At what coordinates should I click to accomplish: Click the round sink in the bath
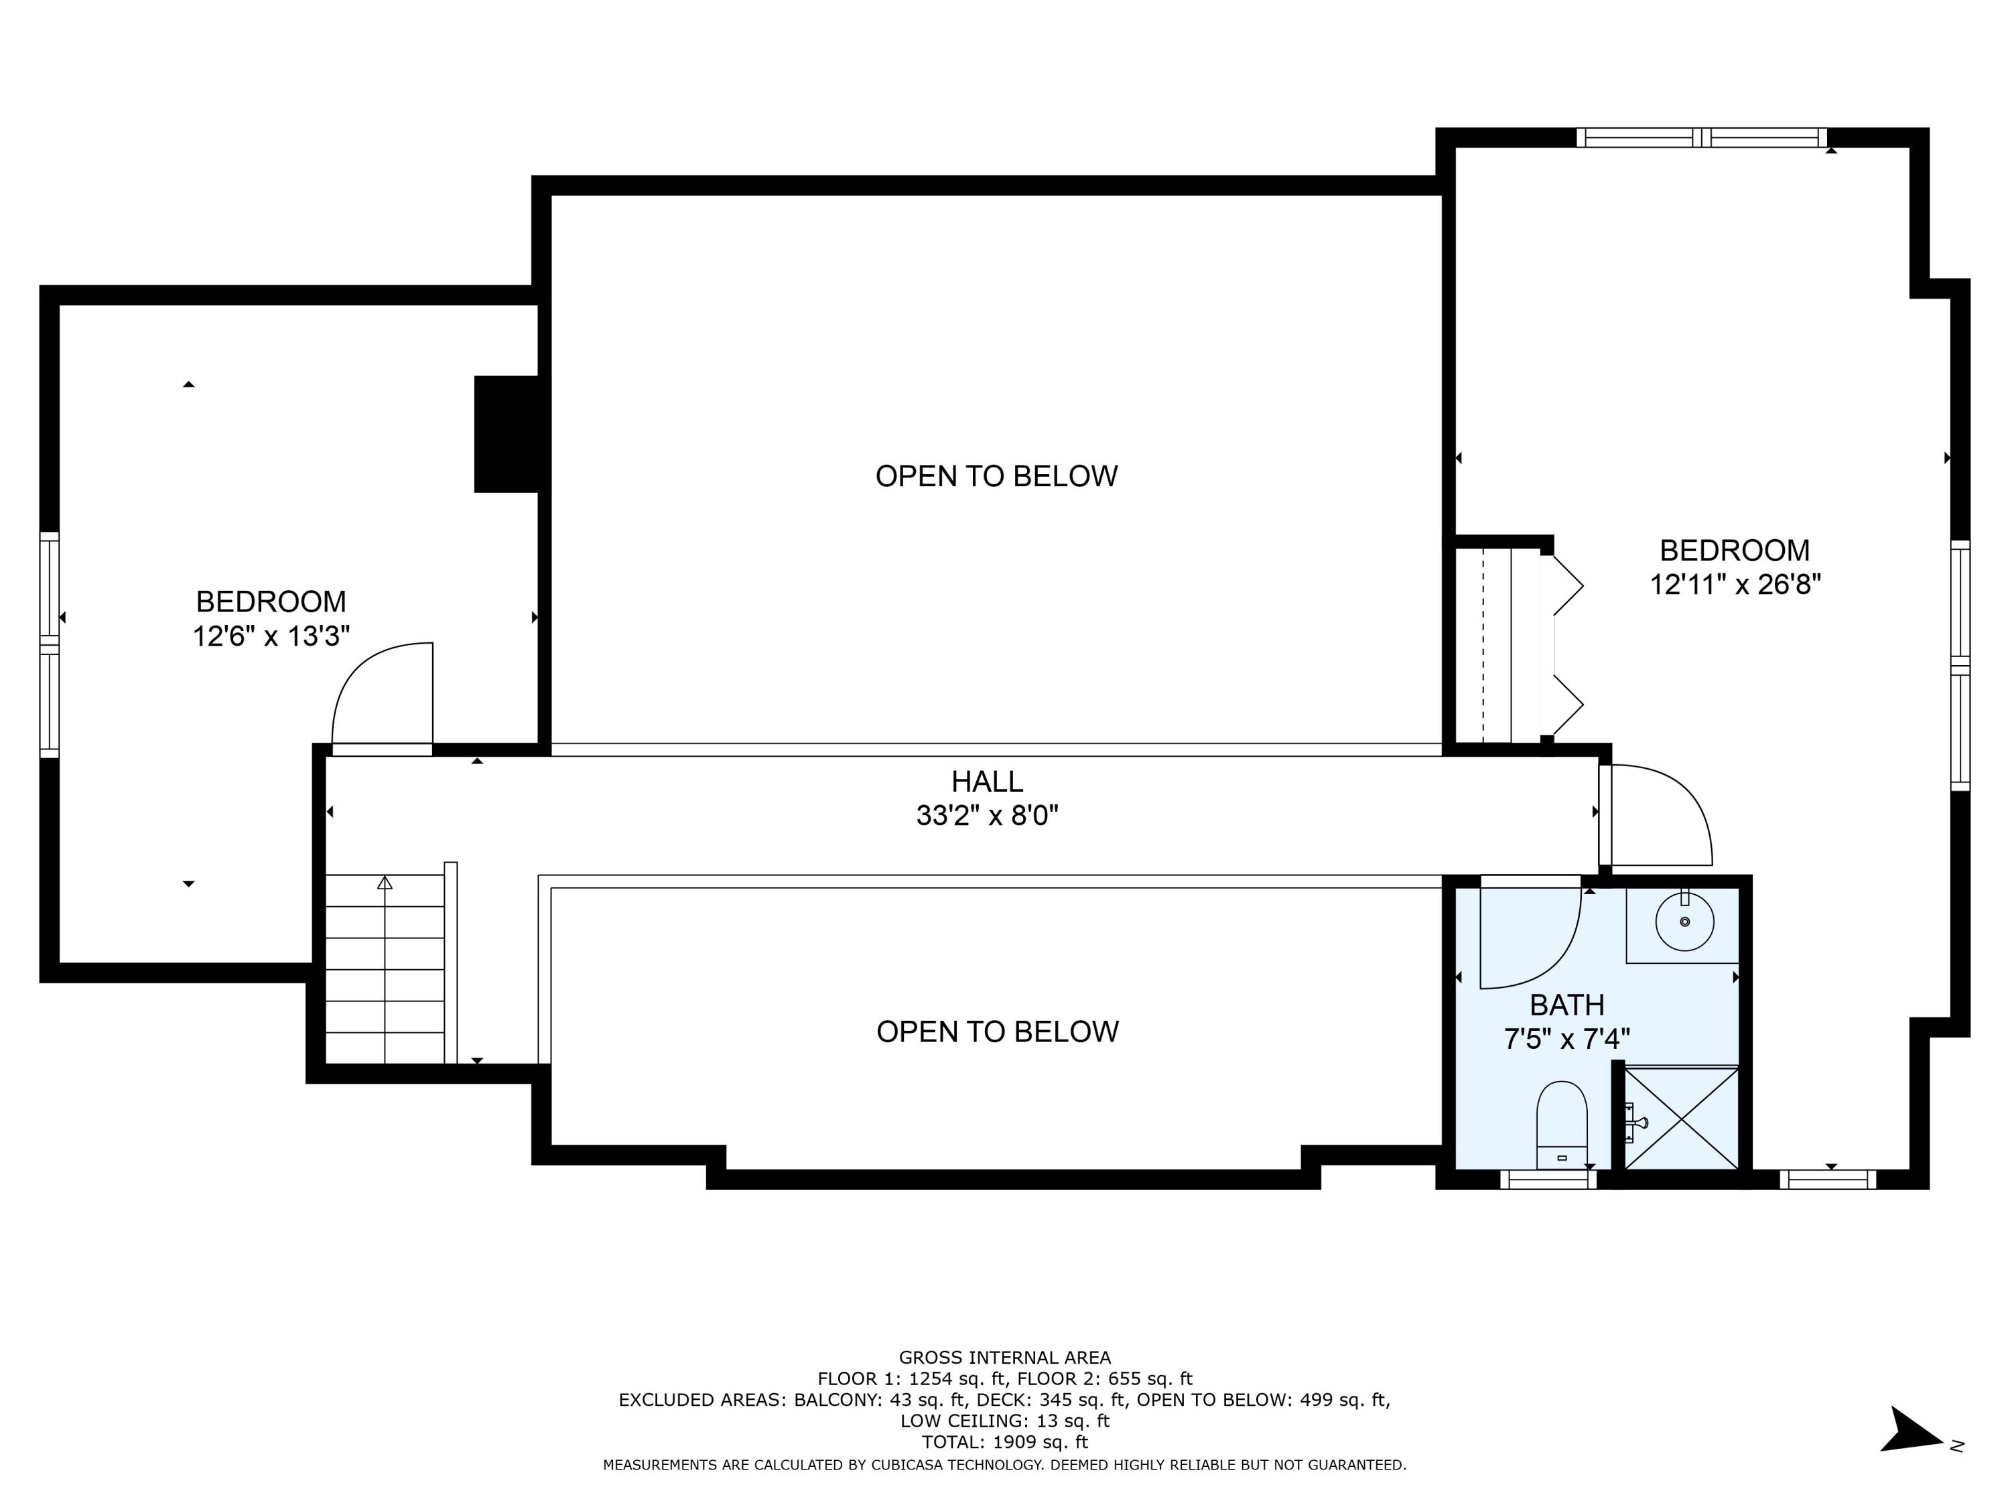pyautogui.click(x=1684, y=921)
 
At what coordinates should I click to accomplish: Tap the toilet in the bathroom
pyautogui.click(x=1561, y=1123)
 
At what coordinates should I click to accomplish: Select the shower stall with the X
pyautogui.click(x=1681, y=1119)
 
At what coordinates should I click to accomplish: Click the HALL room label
pyautogui.click(x=987, y=781)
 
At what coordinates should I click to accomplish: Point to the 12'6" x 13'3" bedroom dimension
pyautogui.click(x=271, y=636)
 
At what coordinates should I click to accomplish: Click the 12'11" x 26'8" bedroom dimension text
pyautogui.click(x=1735, y=584)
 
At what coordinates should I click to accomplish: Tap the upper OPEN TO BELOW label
pyautogui.click(x=996, y=476)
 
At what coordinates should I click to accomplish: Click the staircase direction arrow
pyautogui.click(x=385, y=883)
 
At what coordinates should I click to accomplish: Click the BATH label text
pyautogui.click(x=1566, y=1005)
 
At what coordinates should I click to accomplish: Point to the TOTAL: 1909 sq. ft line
pyautogui.click(x=1004, y=1441)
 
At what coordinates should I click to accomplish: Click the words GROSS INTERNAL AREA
pyautogui.click(x=1004, y=1357)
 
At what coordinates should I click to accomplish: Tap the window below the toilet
pyautogui.click(x=1548, y=1179)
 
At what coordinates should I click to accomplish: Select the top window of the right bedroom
pyautogui.click(x=1701, y=138)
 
